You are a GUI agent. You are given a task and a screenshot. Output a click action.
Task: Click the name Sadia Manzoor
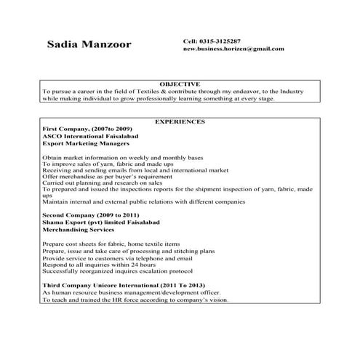89,45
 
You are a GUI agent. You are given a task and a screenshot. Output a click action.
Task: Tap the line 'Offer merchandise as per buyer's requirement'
111,176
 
